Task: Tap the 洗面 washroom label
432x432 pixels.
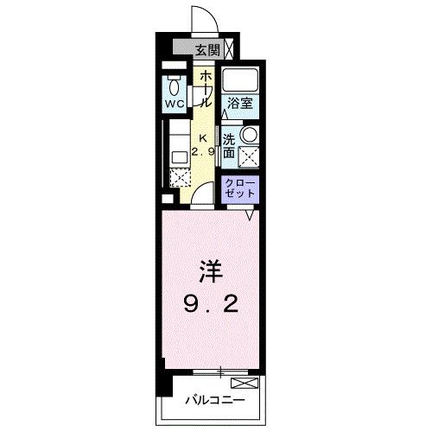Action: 229,145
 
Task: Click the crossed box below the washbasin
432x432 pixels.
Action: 250,156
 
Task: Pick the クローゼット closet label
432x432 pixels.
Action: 239,188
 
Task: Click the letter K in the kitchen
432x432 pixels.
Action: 204,138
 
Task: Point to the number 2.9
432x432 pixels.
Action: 204,153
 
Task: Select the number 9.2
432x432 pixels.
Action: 213,303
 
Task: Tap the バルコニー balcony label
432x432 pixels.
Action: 215,401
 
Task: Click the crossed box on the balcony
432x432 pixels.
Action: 245,383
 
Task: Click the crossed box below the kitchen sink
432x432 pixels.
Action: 180,178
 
